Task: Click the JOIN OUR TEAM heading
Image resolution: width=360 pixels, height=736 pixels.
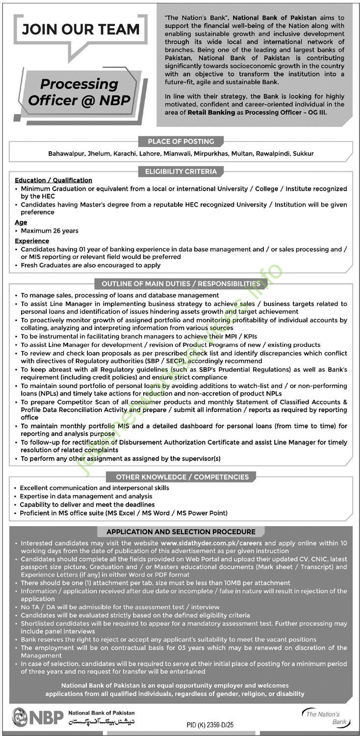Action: [x=80, y=29]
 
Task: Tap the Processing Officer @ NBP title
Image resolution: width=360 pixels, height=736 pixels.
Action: [x=79, y=92]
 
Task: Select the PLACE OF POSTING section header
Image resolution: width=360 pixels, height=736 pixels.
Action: [x=181, y=141]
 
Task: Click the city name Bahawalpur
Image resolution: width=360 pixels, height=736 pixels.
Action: [x=66, y=154]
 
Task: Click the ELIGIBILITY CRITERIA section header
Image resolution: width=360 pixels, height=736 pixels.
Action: [x=181, y=171]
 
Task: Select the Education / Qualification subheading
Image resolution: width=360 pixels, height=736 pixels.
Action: [x=53, y=181]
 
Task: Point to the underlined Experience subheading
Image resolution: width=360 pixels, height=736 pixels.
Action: [x=32, y=241]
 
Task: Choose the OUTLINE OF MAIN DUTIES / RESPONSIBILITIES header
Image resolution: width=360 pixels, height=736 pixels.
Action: [x=181, y=284]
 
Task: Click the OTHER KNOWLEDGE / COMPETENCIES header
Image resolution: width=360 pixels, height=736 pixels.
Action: [x=182, y=476]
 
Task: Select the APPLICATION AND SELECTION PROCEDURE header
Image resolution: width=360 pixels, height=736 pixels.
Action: [x=181, y=531]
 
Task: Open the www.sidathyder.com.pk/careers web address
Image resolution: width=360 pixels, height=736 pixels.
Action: [x=211, y=544]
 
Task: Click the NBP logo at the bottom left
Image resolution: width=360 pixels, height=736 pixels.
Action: [x=38, y=717]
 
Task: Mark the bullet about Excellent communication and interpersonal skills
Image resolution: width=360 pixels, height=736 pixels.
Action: [x=95, y=488]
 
